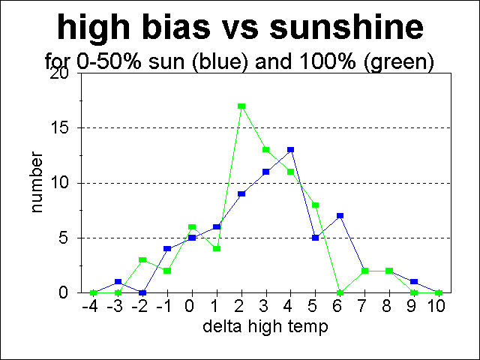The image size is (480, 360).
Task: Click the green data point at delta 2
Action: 241,106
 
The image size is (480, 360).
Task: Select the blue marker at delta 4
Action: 290,150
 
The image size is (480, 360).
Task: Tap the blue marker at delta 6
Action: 340,216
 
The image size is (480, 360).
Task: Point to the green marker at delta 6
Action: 340,292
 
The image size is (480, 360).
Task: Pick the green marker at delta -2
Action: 142,259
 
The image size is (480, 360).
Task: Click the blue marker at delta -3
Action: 118,282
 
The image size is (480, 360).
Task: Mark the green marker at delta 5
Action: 315,205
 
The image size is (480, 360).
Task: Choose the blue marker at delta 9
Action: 414,282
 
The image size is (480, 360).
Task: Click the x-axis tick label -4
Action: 91,307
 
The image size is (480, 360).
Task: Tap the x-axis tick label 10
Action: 439,307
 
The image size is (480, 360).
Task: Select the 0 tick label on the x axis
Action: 192,307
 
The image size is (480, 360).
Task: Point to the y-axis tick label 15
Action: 61,128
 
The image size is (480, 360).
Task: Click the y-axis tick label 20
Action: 60,73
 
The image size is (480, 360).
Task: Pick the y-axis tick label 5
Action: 64,238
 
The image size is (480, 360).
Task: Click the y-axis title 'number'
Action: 37,183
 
